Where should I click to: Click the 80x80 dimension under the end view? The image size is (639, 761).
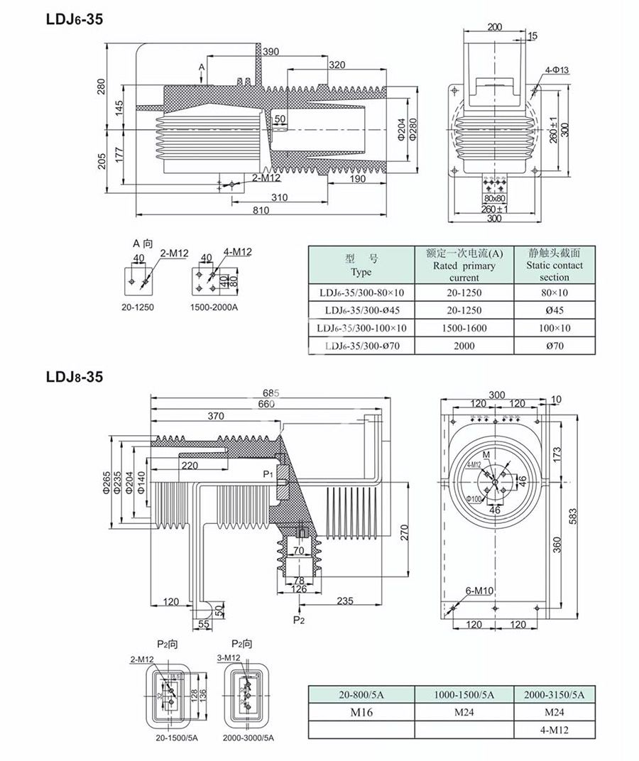(x=494, y=199)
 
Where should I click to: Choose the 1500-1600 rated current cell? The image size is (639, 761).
(x=465, y=328)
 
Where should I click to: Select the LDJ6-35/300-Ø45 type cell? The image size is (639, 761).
(x=361, y=310)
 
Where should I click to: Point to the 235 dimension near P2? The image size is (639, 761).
(x=344, y=601)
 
